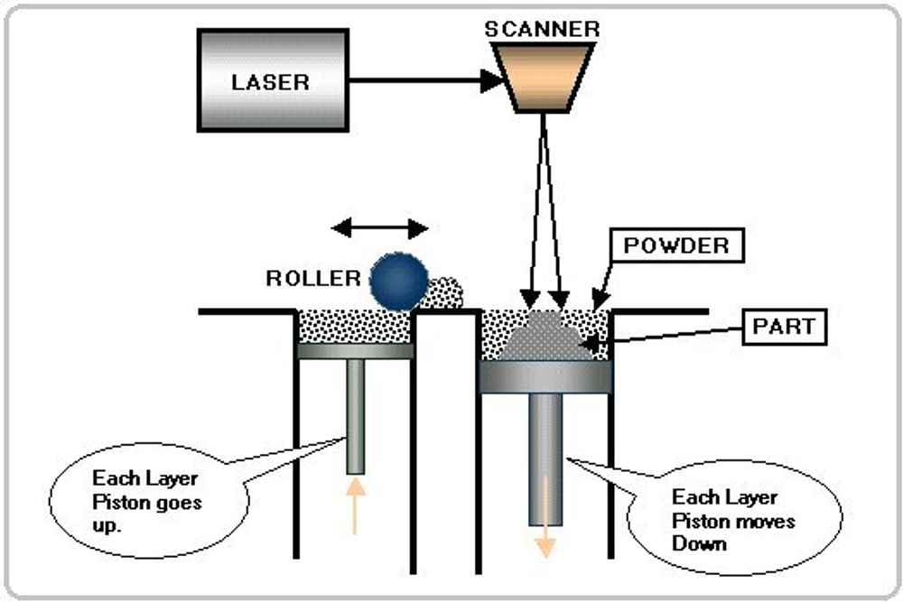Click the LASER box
[271, 81]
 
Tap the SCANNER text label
[543, 28]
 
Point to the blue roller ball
[397, 281]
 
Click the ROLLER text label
[312, 279]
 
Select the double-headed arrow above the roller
[379, 227]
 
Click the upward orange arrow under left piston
[355, 505]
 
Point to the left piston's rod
[355, 415]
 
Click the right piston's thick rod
[545, 451]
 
